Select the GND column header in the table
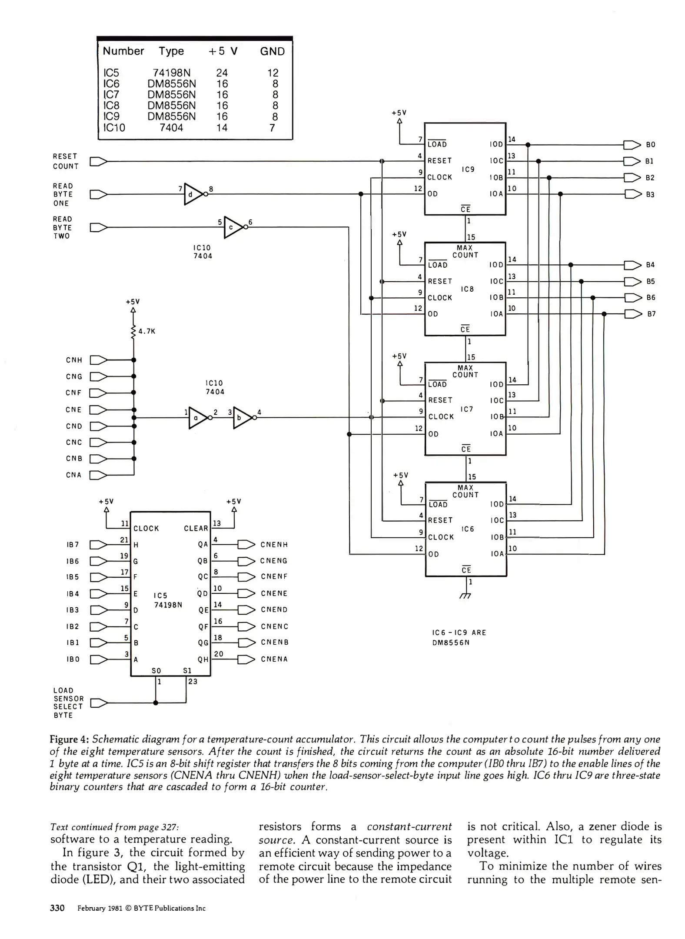(272, 51)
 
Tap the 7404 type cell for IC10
(171, 128)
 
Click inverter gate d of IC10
(193, 194)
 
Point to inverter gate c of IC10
(233, 227)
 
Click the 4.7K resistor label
(146, 331)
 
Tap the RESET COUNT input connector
(98, 162)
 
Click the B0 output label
(650, 145)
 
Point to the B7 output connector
(633, 314)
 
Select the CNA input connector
(98, 475)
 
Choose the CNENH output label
(274, 545)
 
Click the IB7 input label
(73, 545)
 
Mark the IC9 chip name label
(468, 170)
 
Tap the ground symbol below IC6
(466, 596)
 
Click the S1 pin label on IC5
(187, 670)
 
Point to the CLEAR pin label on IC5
(196, 529)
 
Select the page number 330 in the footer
(57, 908)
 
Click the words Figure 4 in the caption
(70, 739)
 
